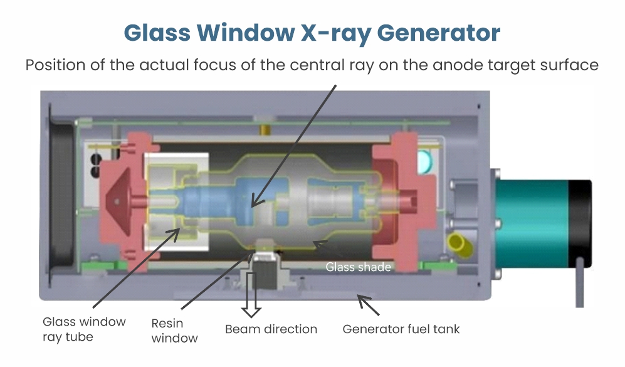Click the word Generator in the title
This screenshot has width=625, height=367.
point(438,33)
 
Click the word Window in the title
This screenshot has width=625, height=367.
point(246,33)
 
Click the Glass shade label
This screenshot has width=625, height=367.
point(358,267)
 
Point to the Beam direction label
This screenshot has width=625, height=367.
point(271,329)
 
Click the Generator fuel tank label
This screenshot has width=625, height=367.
point(401,329)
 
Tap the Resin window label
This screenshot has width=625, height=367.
point(174,331)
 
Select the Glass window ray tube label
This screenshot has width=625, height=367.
point(84,329)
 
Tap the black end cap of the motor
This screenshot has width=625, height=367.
point(580,223)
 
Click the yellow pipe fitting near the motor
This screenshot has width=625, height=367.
point(460,245)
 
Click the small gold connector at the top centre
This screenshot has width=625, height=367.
point(265,129)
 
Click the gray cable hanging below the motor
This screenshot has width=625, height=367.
point(580,282)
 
